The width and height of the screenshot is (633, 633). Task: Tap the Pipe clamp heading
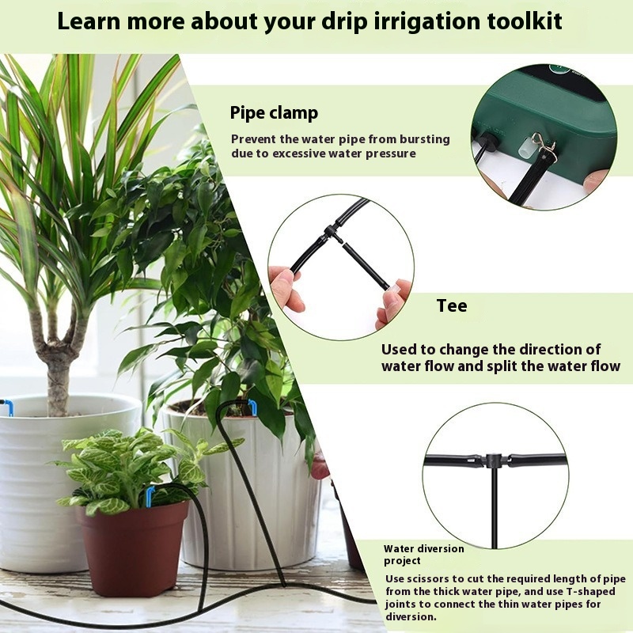coord(274,112)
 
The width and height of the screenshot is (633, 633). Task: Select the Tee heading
coord(452,305)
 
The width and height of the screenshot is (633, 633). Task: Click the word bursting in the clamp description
coord(425,139)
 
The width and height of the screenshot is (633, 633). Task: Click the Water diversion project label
coord(424,555)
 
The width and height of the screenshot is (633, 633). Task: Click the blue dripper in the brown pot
coord(150,496)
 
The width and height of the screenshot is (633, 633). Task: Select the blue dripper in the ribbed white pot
coord(252,407)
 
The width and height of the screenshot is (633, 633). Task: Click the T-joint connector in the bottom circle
coord(491,460)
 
